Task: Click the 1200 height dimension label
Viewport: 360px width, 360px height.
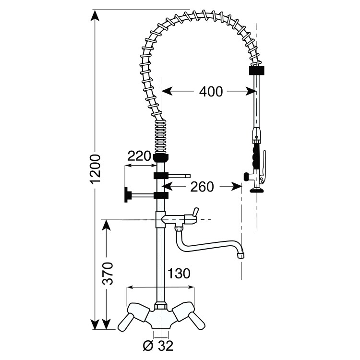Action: pos(96,168)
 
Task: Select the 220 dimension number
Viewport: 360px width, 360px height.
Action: pos(139,156)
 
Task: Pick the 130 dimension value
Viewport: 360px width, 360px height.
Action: pos(178,274)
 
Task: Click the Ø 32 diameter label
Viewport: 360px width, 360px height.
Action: pos(157,345)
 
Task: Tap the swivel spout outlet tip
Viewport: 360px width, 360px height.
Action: pos(241,255)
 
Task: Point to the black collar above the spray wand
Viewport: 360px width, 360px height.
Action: pos(257,70)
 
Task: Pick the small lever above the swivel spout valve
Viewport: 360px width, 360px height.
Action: pos(194,212)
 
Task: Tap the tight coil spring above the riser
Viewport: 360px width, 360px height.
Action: pos(161,136)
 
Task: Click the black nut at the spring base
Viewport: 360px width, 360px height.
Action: pos(161,157)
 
